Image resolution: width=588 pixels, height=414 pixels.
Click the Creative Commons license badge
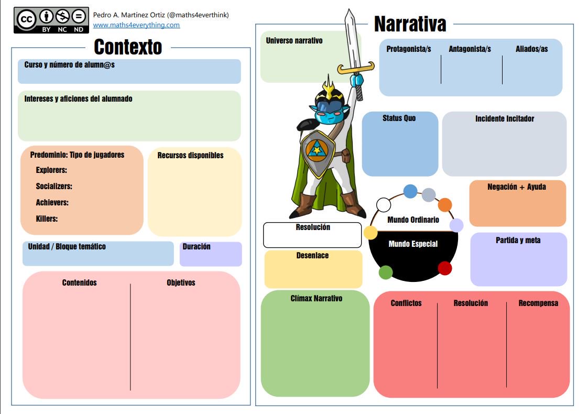[51, 20]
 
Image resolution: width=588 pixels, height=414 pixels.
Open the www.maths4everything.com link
[136, 25]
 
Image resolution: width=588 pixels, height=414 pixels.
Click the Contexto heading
[128, 47]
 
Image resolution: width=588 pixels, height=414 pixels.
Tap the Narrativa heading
[410, 24]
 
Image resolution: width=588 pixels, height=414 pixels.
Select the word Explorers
[51, 170]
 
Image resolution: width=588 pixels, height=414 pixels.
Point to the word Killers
[47, 219]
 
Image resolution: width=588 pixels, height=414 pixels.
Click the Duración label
[197, 246]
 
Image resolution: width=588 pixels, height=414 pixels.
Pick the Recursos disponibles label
[190, 155]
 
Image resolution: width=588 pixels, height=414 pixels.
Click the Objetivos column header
[181, 282]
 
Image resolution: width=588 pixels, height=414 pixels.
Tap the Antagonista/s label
[470, 49]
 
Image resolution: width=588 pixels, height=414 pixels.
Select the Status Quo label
[399, 118]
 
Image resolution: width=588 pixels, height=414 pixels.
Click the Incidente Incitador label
[505, 118]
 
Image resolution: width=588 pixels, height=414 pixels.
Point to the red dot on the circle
[444, 268]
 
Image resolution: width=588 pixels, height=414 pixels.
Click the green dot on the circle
[386, 273]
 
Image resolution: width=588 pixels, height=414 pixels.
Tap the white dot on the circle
[384, 204]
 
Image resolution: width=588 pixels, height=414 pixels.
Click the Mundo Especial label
[413, 244]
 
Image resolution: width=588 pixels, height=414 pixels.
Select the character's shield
[317, 154]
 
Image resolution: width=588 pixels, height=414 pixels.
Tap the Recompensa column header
[538, 303]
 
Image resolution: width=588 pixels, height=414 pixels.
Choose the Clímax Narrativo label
[316, 298]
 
